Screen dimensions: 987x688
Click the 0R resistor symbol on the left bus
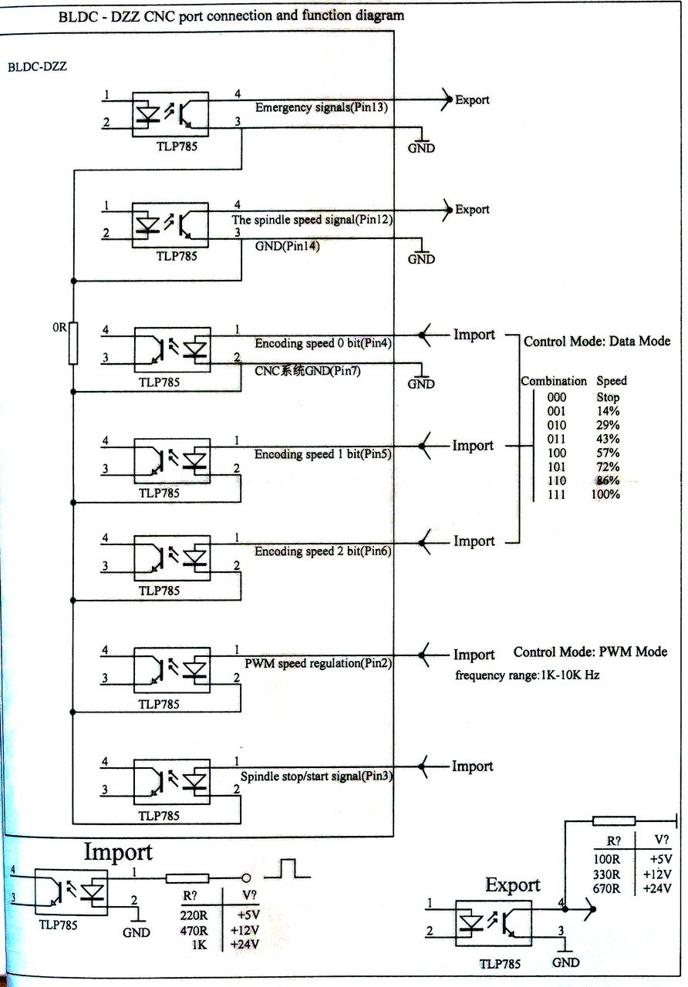coord(74,342)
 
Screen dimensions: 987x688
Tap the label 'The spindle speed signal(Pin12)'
coord(313,220)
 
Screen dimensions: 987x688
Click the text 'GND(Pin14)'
coord(287,247)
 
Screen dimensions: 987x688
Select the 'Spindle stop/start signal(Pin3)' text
coord(317,776)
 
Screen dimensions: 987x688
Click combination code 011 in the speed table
coord(556,439)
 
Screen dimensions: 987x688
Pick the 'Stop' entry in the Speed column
coord(607,397)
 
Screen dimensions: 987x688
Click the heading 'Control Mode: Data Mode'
coord(597,341)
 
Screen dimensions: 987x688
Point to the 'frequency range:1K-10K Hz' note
coord(528,675)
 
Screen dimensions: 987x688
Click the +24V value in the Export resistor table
coord(657,888)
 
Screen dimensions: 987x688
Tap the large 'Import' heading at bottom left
coord(118,852)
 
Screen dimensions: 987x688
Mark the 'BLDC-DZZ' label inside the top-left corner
coord(37,66)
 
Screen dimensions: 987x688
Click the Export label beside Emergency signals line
coord(472,100)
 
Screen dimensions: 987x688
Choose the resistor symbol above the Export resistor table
coord(614,821)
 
